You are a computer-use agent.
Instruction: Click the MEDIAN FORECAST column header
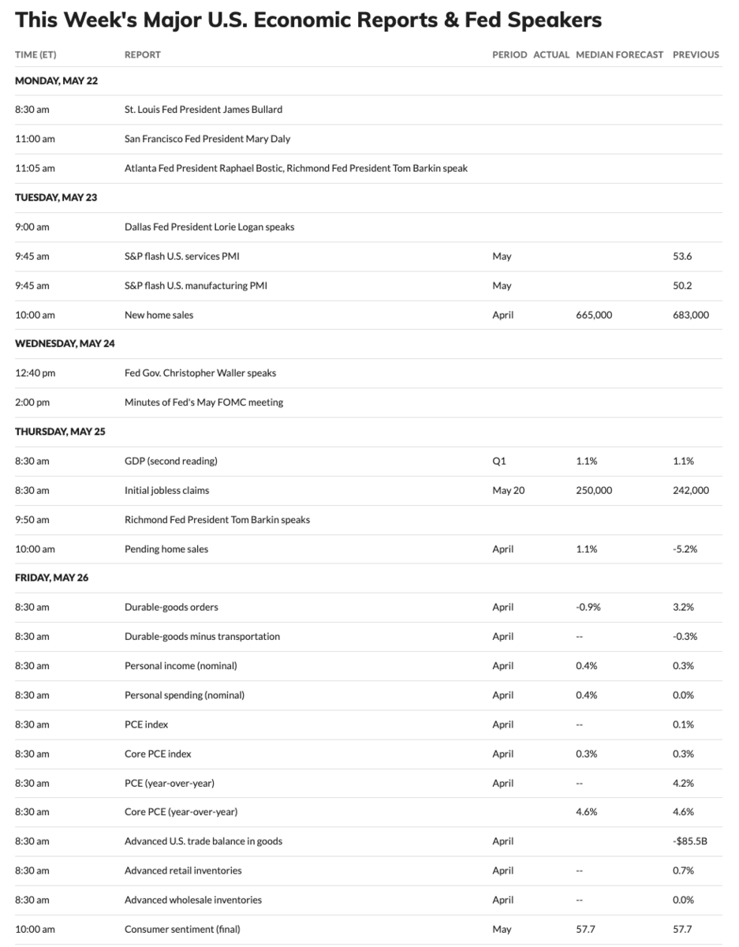click(x=619, y=54)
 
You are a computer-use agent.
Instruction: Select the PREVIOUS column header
click(x=696, y=54)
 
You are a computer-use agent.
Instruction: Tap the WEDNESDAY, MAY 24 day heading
click(x=65, y=343)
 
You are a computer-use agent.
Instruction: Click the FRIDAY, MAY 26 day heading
click(x=51, y=578)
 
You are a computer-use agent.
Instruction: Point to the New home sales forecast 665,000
click(x=594, y=315)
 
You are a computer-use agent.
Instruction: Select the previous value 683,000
click(x=691, y=315)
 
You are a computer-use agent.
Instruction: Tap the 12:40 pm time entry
click(x=32, y=372)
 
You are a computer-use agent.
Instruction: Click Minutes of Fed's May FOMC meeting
click(x=203, y=402)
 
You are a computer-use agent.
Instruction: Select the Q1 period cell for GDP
click(x=499, y=461)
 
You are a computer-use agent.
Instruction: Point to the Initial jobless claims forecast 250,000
click(x=594, y=490)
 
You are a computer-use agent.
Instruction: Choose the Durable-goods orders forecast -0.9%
click(x=589, y=607)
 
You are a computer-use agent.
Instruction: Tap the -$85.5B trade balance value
click(x=690, y=841)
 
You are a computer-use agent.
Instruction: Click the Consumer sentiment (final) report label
click(x=182, y=929)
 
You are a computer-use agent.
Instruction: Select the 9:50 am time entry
click(x=32, y=519)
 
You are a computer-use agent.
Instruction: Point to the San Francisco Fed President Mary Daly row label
click(x=207, y=139)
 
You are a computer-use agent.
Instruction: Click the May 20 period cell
click(x=508, y=490)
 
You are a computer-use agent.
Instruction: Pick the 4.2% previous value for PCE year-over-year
click(x=683, y=783)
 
